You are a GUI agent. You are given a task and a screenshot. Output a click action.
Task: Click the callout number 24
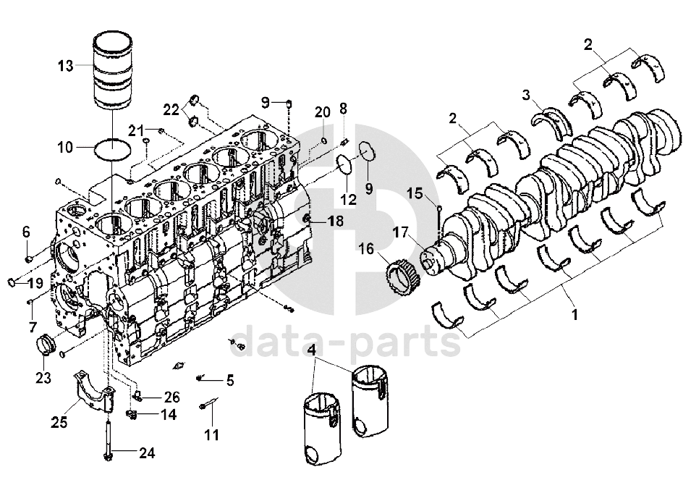tap(147, 453)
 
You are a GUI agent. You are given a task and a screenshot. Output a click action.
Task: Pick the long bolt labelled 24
tap(109, 441)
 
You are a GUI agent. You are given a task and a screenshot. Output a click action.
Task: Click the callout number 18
tap(336, 221)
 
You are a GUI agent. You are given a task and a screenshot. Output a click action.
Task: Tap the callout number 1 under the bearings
tap(574, 314)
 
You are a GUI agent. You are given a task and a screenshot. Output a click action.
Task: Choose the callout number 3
tap(526, 95)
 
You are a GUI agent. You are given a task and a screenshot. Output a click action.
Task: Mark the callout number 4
tap(312, 350)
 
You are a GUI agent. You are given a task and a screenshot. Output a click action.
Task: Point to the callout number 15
tap(415, 193)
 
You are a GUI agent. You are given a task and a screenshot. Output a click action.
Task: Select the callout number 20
tap(323, 112)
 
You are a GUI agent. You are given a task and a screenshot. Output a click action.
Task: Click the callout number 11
tap(211, 435)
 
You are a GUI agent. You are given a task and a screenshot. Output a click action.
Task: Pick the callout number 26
tap(171, 397)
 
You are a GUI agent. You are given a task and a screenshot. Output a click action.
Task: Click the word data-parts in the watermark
tap(344, 342)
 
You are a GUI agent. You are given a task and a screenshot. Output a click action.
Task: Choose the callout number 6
tap(26, 232)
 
